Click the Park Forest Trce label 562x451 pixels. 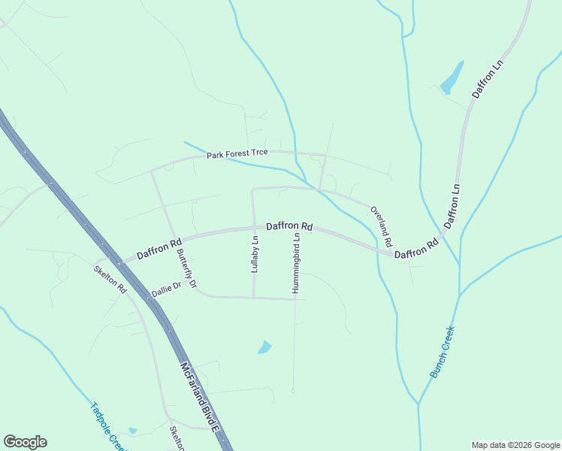[x=237, y=154]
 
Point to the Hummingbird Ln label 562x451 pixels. [x=298, y=262]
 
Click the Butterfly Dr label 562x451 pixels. [x=186, y=268]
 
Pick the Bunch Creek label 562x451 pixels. [x=443, y=351]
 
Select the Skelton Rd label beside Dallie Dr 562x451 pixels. [x=110, y=279]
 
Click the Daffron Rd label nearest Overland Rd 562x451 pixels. [x=416, y=250]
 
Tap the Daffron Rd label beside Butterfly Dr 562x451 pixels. [x=159, y=249]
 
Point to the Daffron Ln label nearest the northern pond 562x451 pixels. [x=486, y=81]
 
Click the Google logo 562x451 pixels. [x=25, y=442]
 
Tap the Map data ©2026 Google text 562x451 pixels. [x=515, y=445]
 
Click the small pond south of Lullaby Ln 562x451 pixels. [x=264, y=347]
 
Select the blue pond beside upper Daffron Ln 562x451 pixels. [x=452, y=77]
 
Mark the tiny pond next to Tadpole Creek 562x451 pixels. [x=133, y=431]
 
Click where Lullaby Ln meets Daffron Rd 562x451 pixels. [x=252, y=229]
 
